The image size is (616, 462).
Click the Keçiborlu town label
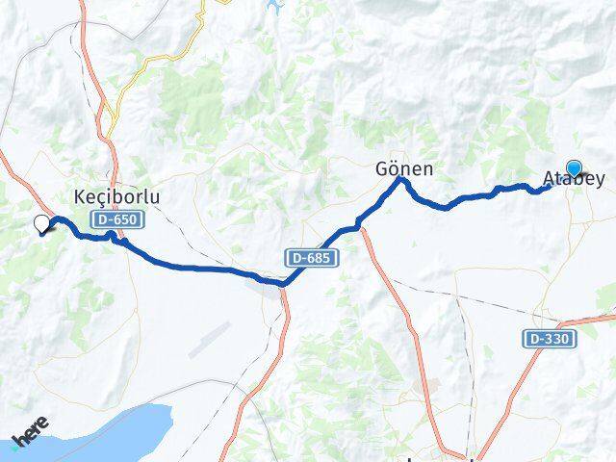coord(116,196)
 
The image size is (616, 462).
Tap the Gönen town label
coord(403,169)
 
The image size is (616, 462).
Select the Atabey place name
coord(575,179)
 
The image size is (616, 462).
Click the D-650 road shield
coord(116,220)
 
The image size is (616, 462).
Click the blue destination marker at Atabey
coord(575,167)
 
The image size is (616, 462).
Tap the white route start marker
coord(41,224)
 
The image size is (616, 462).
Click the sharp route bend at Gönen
coord(401,180)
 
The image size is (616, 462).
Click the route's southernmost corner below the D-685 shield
coord(283,283)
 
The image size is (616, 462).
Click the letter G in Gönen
coord(381,169)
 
